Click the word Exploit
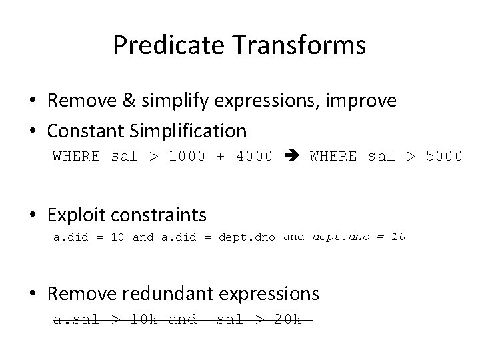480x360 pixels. click(75, 215)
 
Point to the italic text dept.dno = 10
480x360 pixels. click(359, 236)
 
